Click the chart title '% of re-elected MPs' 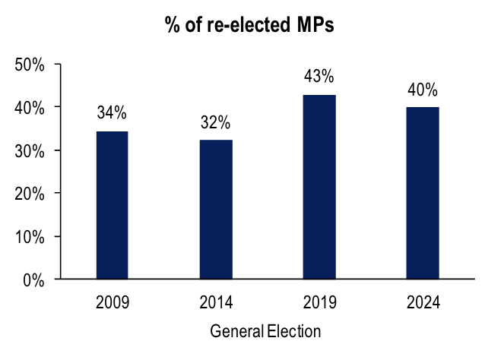249,25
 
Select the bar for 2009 112,205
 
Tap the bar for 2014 216,210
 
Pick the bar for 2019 320,187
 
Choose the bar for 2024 423,193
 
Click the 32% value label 215,123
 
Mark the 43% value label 319,77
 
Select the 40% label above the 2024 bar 423,90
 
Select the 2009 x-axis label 112,303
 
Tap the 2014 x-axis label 216,303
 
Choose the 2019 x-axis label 319,303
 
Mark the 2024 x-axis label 423,303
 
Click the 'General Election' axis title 265,332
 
